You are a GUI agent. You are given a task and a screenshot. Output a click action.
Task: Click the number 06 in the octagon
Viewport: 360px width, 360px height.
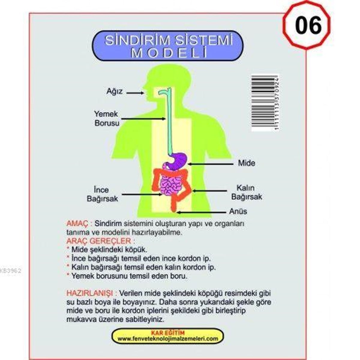click(x=308, y=25)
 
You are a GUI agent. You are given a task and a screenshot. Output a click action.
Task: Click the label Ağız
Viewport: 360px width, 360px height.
click(x=115, y=91)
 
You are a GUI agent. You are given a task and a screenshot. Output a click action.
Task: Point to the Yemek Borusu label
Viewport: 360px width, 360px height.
click(x=106, y=118)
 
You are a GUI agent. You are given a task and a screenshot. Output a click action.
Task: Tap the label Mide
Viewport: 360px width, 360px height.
click(x=246, y=163)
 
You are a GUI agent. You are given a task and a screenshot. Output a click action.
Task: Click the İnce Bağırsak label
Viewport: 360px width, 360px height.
click(x=102, y=194)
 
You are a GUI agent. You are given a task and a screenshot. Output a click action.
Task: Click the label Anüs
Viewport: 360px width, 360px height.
click(x=238, y=211)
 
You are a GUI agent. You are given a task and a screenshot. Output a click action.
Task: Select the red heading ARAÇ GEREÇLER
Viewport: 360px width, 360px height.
click(x=98, y=241)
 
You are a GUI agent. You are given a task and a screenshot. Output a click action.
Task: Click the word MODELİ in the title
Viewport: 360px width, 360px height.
click(x=170, y=53)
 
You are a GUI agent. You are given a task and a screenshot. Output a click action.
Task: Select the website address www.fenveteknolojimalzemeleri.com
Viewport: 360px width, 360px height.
click(x=167, y=338)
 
